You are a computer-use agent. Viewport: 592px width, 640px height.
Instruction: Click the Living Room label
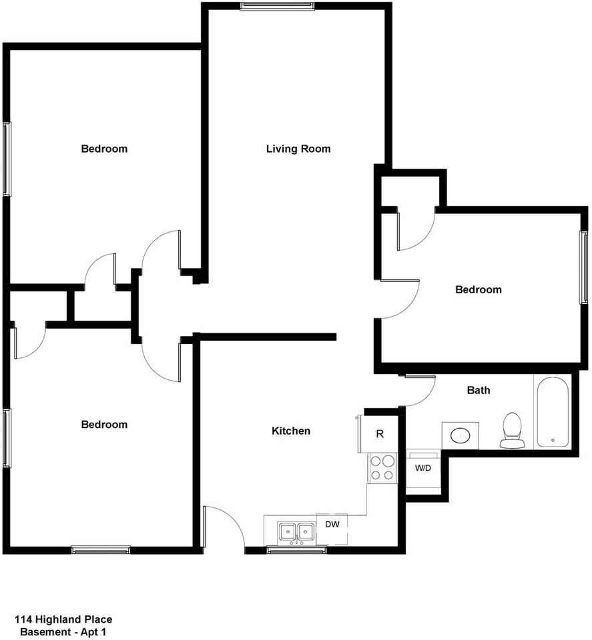point(298,149)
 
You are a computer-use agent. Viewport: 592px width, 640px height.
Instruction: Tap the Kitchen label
point(290,431)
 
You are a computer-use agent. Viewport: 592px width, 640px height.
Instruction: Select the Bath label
point(478,390)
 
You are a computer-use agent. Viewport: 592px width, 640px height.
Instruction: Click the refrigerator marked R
point(380,434)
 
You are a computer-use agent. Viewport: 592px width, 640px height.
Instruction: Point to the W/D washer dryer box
point(423,468)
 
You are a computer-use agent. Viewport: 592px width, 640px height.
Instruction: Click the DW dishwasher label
point(332,524)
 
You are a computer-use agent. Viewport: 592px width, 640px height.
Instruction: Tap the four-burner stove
point(382,467)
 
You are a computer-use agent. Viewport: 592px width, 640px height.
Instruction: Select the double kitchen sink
point(297,532)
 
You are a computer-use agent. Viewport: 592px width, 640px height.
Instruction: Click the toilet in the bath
point(512,430)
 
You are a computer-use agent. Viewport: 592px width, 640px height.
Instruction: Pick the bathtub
point(551,411)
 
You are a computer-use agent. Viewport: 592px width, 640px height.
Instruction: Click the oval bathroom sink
point(461,435)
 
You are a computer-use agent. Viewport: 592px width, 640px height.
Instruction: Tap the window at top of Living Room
point(277,7)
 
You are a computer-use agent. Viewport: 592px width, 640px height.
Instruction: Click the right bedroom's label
point(478,289)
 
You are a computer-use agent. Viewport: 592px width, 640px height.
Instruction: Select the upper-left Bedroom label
point(104,149)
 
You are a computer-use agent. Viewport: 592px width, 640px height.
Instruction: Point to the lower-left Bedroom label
point(104,425)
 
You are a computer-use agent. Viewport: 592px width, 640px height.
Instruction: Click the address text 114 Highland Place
point(63,619)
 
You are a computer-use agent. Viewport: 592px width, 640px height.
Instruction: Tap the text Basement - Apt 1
point(63,631)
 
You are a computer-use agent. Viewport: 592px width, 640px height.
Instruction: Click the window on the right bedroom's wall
point(583,267)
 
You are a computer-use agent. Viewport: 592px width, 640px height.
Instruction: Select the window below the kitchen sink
point(296,550)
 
